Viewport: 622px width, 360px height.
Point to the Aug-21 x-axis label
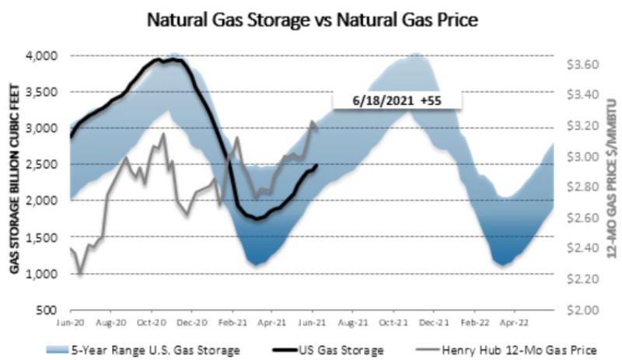coord(352,321)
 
